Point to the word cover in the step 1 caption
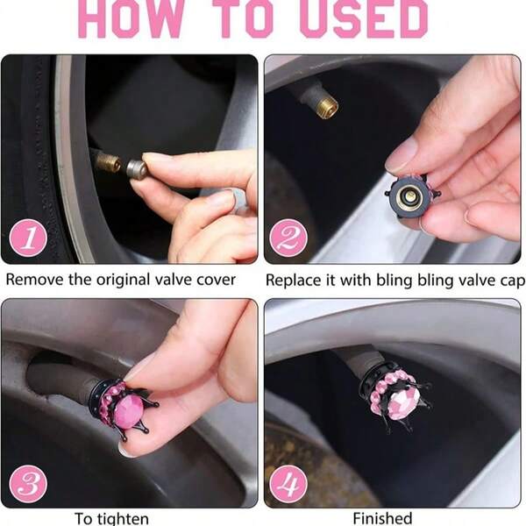click(x=215, y=280)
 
